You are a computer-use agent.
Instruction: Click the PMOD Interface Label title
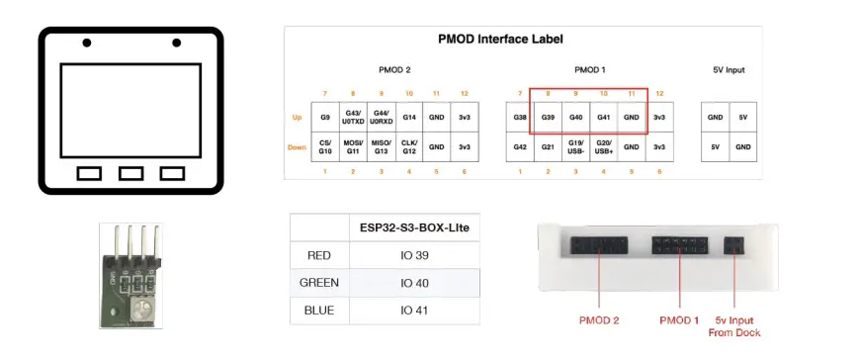(x=500, y=40)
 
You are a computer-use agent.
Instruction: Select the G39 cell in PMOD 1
(x=548, y=118)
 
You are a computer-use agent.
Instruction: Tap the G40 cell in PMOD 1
(x=576, y=118)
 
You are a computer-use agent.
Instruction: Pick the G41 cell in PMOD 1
(x=604, y=118)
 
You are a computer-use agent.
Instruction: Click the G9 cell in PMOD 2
(x=325, y=118)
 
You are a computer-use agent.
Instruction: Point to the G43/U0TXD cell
(x=353, y=118)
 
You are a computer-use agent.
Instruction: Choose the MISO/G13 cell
(x=381, y=148)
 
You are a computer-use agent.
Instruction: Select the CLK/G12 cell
(x=408, y=148)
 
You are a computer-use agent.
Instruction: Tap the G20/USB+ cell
(x=604, y=148)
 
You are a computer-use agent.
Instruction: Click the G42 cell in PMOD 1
(x=520, y=148)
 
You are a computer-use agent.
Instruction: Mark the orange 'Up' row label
(x=297, y=118)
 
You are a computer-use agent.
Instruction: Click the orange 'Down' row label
(x=297, y=148)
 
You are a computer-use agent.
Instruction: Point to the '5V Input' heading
(x=729, y=70)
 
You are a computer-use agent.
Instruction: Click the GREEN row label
(x=318, y=283)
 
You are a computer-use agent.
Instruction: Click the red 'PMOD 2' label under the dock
(x=599, y=320)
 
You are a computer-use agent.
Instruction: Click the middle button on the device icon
(x=130, y=173)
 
